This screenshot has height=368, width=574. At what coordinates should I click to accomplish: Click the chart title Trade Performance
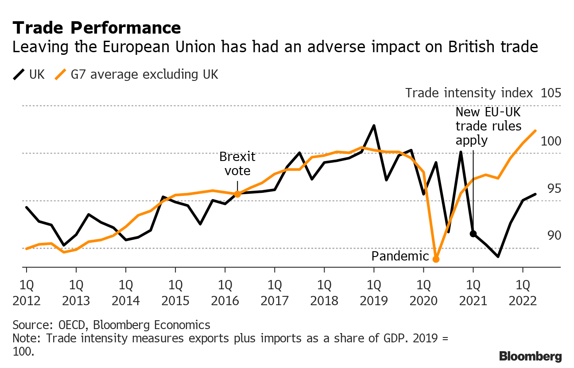[x=97, y=28]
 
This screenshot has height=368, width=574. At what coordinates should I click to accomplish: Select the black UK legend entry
[x=29, y=74]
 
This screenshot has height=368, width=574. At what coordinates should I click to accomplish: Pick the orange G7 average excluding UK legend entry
[x=137, y=74]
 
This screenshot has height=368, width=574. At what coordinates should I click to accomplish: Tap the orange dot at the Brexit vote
[x=237, y=194]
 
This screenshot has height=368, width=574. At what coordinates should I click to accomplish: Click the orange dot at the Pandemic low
[x=436, y=259]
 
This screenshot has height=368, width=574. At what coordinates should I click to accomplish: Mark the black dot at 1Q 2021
[x=473, y=234]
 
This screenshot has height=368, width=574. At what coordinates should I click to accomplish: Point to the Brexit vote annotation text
[x=237, y=164]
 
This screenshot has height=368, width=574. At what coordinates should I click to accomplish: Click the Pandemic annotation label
[x=400, y=257]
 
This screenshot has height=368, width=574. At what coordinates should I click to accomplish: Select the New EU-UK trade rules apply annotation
[x=488, y=126]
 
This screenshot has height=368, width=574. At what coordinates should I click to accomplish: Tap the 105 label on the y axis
[x=551, y=93]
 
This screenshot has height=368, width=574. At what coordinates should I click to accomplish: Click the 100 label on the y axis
[x=551, y=141]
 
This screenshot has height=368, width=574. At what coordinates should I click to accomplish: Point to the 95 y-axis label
[x=551, y=188]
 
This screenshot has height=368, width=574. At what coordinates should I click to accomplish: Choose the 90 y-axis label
[x=551, y=235]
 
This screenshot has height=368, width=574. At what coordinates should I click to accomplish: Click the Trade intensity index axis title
[x=469, y=93]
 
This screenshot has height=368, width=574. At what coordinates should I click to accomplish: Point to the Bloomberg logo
[x=530, y=356]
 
